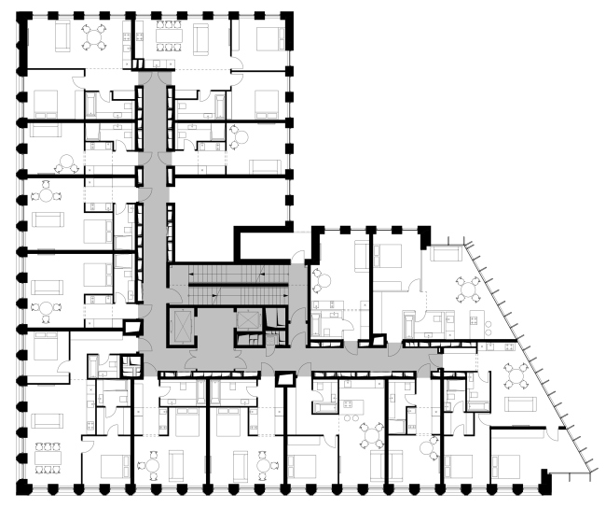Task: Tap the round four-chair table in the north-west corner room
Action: pyautogui.click(x=94, y=36)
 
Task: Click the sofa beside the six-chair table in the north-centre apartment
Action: pyautogui.click(x=201, y=37)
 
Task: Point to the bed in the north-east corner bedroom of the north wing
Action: pyautogui.click(x=269, y=38)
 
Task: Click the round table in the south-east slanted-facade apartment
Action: pyautogui.click(x=515, y=376)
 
